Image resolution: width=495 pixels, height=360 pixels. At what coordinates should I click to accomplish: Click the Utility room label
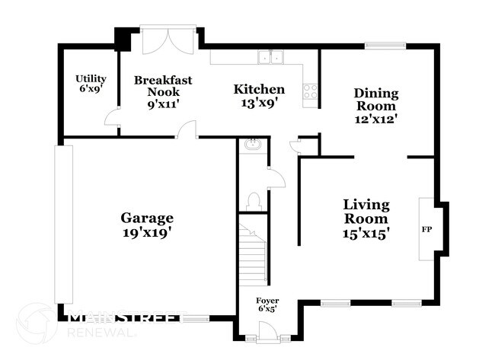tap(90, 83)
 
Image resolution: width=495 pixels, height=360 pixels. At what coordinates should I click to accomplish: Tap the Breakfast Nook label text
tap(162, 92)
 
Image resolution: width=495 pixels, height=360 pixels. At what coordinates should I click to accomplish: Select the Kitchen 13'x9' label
tap(259, 96)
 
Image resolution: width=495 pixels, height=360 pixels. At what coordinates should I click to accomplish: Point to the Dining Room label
tap(376, 105)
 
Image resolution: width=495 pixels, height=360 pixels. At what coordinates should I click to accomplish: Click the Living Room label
tap(366, 219)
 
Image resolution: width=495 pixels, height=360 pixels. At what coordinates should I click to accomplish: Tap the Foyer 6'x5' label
tap(267, 304)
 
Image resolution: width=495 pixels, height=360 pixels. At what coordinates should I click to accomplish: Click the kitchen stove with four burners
tap(311, 91)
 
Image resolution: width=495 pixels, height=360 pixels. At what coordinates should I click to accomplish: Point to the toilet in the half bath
tap(254, 200)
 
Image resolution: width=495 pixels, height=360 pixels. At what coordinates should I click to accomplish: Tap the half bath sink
tap(251, 145)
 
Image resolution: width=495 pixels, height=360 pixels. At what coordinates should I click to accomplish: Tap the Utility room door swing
tap(112, 117)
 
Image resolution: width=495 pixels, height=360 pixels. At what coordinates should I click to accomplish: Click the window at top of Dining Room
tap(385, 46)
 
